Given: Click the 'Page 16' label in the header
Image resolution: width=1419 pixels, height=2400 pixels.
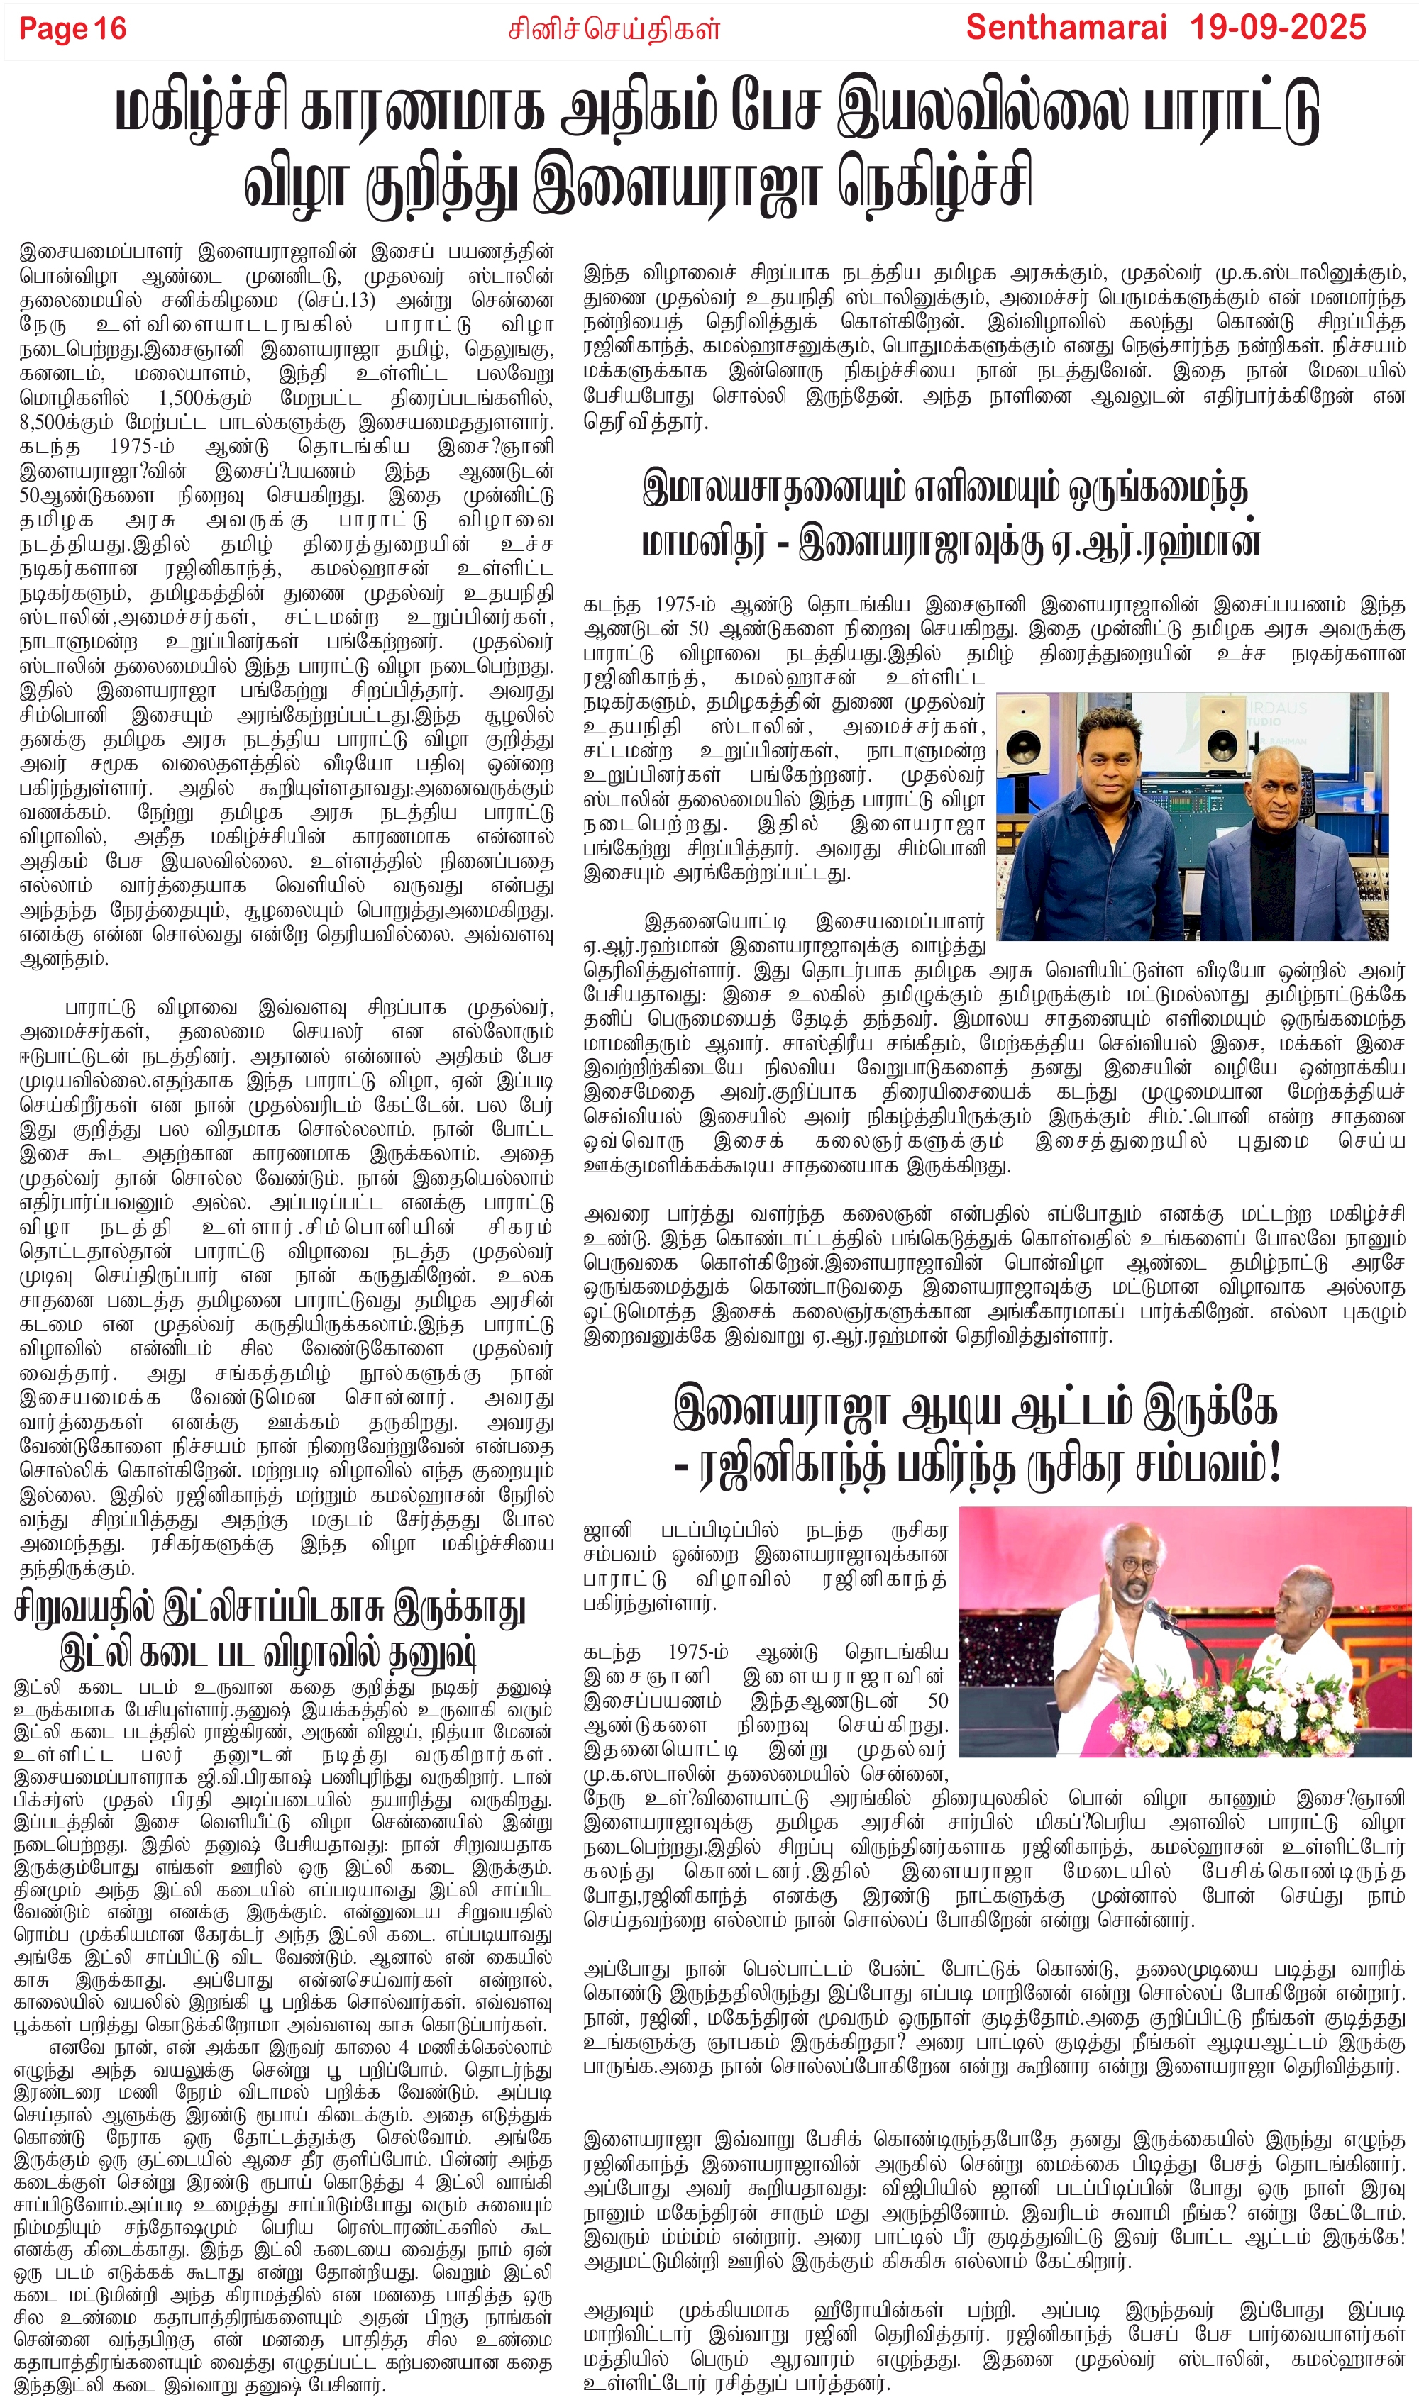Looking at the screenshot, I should click(x=72, y=28).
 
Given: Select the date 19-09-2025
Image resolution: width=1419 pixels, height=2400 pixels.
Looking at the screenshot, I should click(x=1278, y=28).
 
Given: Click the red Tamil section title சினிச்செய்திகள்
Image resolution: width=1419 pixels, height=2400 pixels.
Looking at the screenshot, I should click(x=613, y=30).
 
